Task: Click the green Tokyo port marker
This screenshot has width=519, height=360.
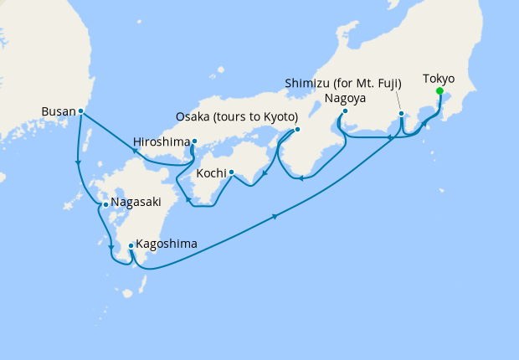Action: click(x=439, y=93)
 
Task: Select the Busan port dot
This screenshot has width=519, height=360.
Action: click(x=81, y=111)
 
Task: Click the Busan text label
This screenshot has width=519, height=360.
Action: click(x=59, y=111)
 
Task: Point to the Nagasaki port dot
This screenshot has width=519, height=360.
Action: click(x=105, y=204)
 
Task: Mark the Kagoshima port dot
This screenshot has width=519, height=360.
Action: click(x=131, y=246)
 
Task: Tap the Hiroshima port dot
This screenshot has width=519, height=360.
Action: click(x=194, y=141)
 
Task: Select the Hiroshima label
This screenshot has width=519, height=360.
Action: click(x=162, y=142)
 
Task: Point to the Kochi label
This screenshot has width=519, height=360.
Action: click(x=210, y=174)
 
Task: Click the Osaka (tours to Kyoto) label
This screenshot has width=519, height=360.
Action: click(x=238, y=116)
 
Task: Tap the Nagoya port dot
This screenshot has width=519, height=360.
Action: click(x=344, y=111)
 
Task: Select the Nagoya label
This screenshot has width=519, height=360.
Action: click(x=344, y=98)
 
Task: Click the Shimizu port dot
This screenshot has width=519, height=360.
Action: click(x=402, y=113)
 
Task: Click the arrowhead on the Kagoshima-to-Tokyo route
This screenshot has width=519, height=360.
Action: click(x=275, y=219)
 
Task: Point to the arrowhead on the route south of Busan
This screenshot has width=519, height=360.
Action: click(x=78, y=162)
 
